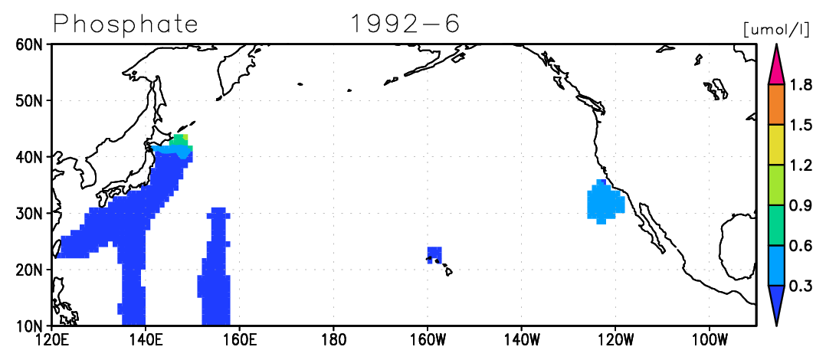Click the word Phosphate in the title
126,23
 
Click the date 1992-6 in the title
405,23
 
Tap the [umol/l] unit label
776,30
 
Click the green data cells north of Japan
179,140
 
